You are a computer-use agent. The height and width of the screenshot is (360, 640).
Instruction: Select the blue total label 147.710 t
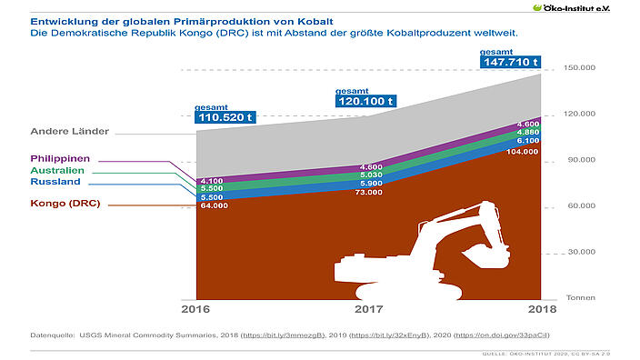(x=510, y=63)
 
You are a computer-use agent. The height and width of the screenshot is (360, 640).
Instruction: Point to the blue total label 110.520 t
(x=224, y=117)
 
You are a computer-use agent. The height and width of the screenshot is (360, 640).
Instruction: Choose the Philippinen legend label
(x=67, y=158)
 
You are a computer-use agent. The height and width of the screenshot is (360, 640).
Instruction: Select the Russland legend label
(x=55, y=182)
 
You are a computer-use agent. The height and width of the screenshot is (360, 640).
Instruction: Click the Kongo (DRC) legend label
(x=66, y=205)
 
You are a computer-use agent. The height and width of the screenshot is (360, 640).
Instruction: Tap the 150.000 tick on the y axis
(x=579, y=68)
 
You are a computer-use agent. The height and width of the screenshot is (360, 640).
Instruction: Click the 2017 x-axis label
(x=368, y=310)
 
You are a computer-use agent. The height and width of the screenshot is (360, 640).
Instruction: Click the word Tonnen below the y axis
(x=579, y=297)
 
